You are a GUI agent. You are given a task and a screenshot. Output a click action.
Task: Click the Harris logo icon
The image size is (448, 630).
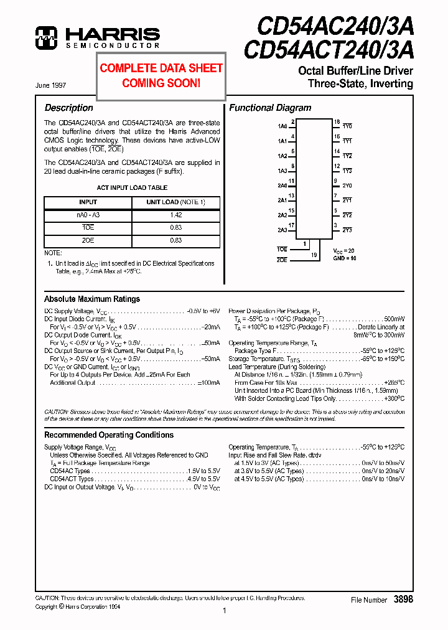tap(47, 37)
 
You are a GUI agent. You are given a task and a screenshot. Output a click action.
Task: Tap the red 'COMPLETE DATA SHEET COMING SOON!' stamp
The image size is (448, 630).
tap(161, 75)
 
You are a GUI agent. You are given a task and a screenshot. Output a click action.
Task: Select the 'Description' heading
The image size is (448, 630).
tap(68, 108)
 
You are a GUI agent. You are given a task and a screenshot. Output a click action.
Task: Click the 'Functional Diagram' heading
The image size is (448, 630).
tap(270, 108)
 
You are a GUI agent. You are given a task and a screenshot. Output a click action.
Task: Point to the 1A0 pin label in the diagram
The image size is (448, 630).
tap(282, 126)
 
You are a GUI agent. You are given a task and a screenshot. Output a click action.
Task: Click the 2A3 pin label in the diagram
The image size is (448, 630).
tap(282, 230)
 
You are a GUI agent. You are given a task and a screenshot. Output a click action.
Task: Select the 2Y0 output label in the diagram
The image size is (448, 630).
tap(347, 186)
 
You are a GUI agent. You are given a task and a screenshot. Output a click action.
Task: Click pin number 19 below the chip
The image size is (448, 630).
tap(314, 255)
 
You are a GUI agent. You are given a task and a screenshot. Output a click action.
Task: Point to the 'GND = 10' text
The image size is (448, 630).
tap(344, 258)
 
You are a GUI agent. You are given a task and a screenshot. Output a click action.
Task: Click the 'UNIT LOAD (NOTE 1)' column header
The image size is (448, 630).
tap(175, 202)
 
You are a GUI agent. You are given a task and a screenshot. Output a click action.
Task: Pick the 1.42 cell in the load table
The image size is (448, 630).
tap(175, 215)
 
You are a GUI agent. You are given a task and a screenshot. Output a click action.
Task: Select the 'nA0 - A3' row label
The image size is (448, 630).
tap(88, 215)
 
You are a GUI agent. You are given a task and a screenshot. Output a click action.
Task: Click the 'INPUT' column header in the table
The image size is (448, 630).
tap(88, 202)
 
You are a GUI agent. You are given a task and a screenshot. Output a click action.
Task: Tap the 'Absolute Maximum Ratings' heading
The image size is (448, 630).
tap(92, 299)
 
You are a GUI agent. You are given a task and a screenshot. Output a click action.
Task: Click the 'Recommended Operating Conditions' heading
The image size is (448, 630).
tap(109, 435)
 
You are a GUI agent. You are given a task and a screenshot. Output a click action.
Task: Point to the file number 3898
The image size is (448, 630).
tap(403, 599)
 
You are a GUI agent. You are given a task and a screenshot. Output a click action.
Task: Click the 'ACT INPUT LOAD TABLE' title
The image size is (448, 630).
tap(132, 187)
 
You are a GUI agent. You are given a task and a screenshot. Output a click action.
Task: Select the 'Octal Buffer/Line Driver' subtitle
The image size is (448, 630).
tap(355, 71)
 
